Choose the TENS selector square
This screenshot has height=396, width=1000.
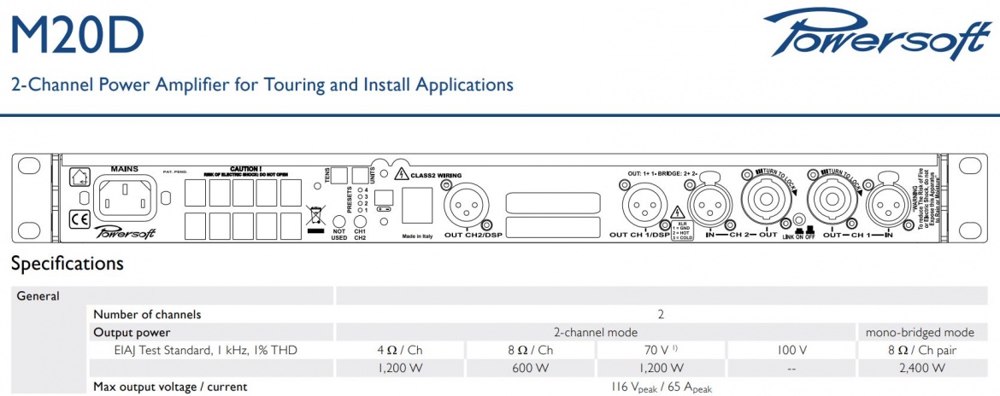pos(339,175)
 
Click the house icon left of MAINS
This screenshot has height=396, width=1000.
pos(79,176)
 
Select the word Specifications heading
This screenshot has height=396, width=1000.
pos(68,264)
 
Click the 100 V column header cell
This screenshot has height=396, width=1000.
pos(791,350)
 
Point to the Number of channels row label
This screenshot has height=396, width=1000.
pos(147,314)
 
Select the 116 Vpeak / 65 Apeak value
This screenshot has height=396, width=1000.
pos(660,387)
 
